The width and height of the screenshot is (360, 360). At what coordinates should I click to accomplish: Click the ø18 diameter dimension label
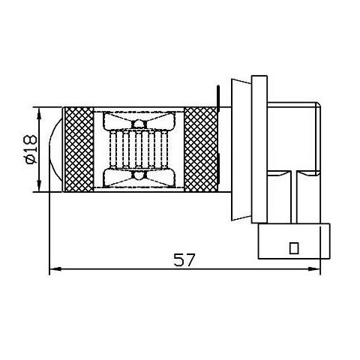(31, 149)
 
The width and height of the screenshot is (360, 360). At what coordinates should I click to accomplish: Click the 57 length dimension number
(184, 260)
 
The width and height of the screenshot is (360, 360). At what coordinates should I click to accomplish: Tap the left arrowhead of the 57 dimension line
(55, 269)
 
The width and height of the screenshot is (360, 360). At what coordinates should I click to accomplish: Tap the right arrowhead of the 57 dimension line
(314, 269)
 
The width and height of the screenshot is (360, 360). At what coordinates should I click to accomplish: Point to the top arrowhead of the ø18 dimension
(39, 114)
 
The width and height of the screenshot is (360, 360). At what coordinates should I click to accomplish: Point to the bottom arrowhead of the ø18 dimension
(39, 186)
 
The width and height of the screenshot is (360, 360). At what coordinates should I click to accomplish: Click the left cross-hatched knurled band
(79, 149)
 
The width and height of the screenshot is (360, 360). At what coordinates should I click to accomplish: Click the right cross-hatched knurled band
(200, 149)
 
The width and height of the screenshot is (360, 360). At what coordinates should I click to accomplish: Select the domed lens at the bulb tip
(55, 149)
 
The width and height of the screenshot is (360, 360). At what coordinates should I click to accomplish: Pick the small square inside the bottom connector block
(294, 248)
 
